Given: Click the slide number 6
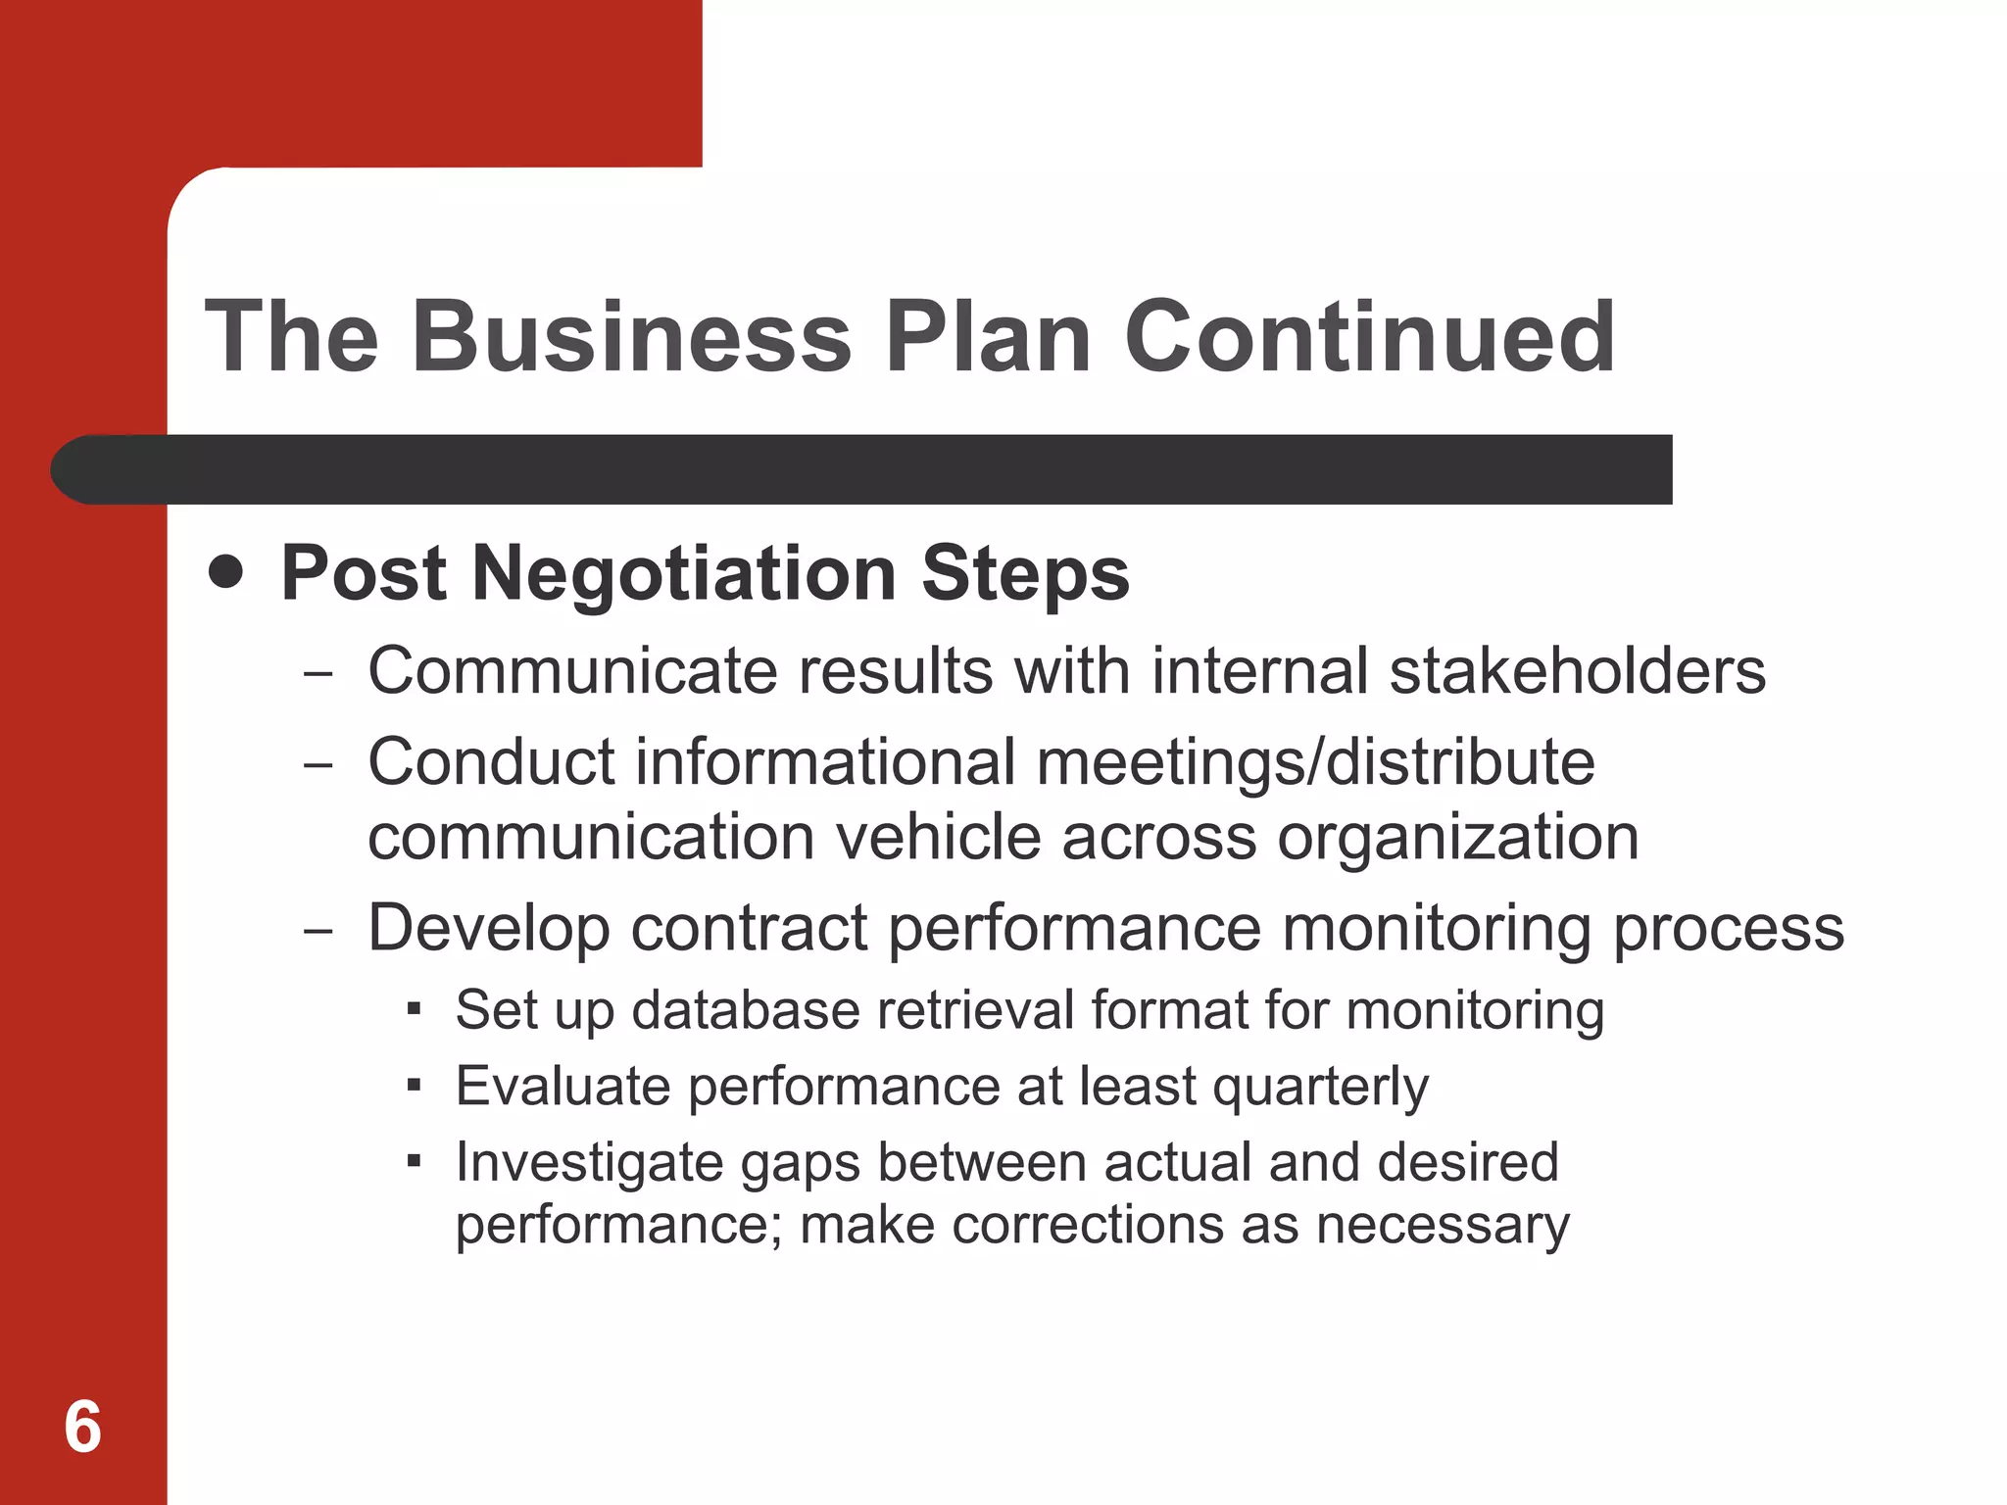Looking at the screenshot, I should pos(82,1427).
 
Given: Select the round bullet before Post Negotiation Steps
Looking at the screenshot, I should pos(226,571).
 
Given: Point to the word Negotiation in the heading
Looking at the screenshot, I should pos(684,573).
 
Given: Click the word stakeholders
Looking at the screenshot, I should pos(1578,671).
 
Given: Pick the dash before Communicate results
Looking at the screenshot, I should pos(318,675).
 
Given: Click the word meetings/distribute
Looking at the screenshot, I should pos(1315,761).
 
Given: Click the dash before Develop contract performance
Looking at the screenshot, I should pos(318,932).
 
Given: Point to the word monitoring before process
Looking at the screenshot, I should pos(1437,929).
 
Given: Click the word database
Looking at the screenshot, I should pos(746,1010).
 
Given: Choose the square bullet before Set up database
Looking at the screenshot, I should pos(415,1008).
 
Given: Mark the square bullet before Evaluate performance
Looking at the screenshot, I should pos(415,1085).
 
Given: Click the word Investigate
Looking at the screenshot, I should pos(589,1164).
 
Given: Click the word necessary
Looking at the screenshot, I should pos(1443,1226).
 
